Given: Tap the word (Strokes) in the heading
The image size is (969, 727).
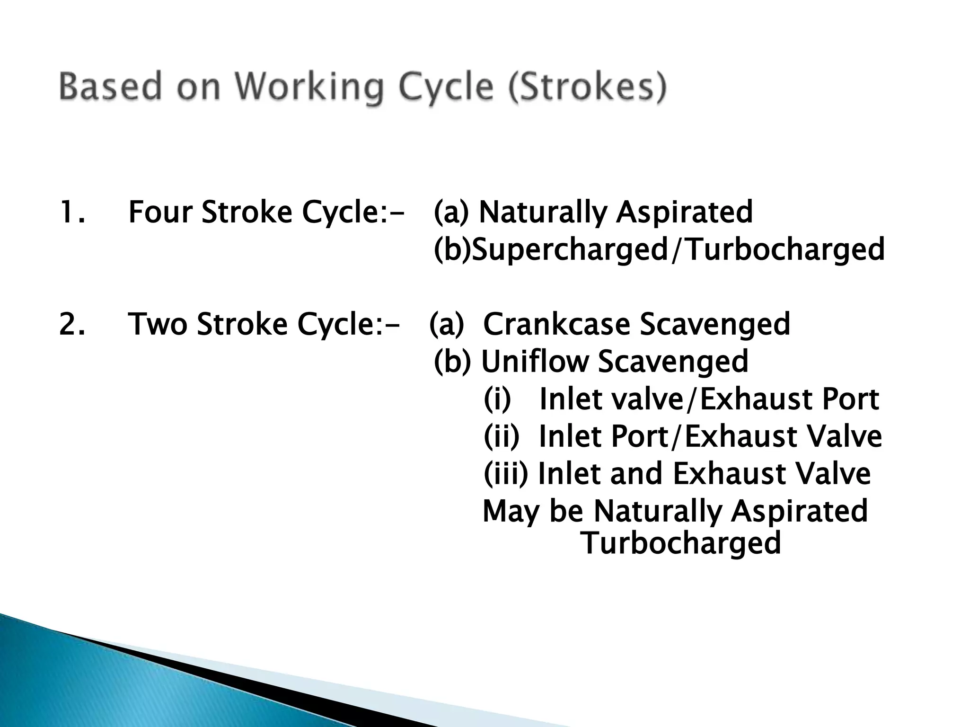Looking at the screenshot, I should pos(588,87).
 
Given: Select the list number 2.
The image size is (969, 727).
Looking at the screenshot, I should pos(72,324).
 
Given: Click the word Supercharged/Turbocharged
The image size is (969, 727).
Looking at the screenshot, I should pos(678,249).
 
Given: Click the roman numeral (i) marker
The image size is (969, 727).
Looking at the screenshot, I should pos(497,399).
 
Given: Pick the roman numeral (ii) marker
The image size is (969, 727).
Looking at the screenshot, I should pos(501,436).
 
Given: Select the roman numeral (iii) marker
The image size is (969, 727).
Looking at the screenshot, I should pos(505,473).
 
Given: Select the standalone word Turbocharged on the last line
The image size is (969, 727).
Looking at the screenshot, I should pos(681,543).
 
